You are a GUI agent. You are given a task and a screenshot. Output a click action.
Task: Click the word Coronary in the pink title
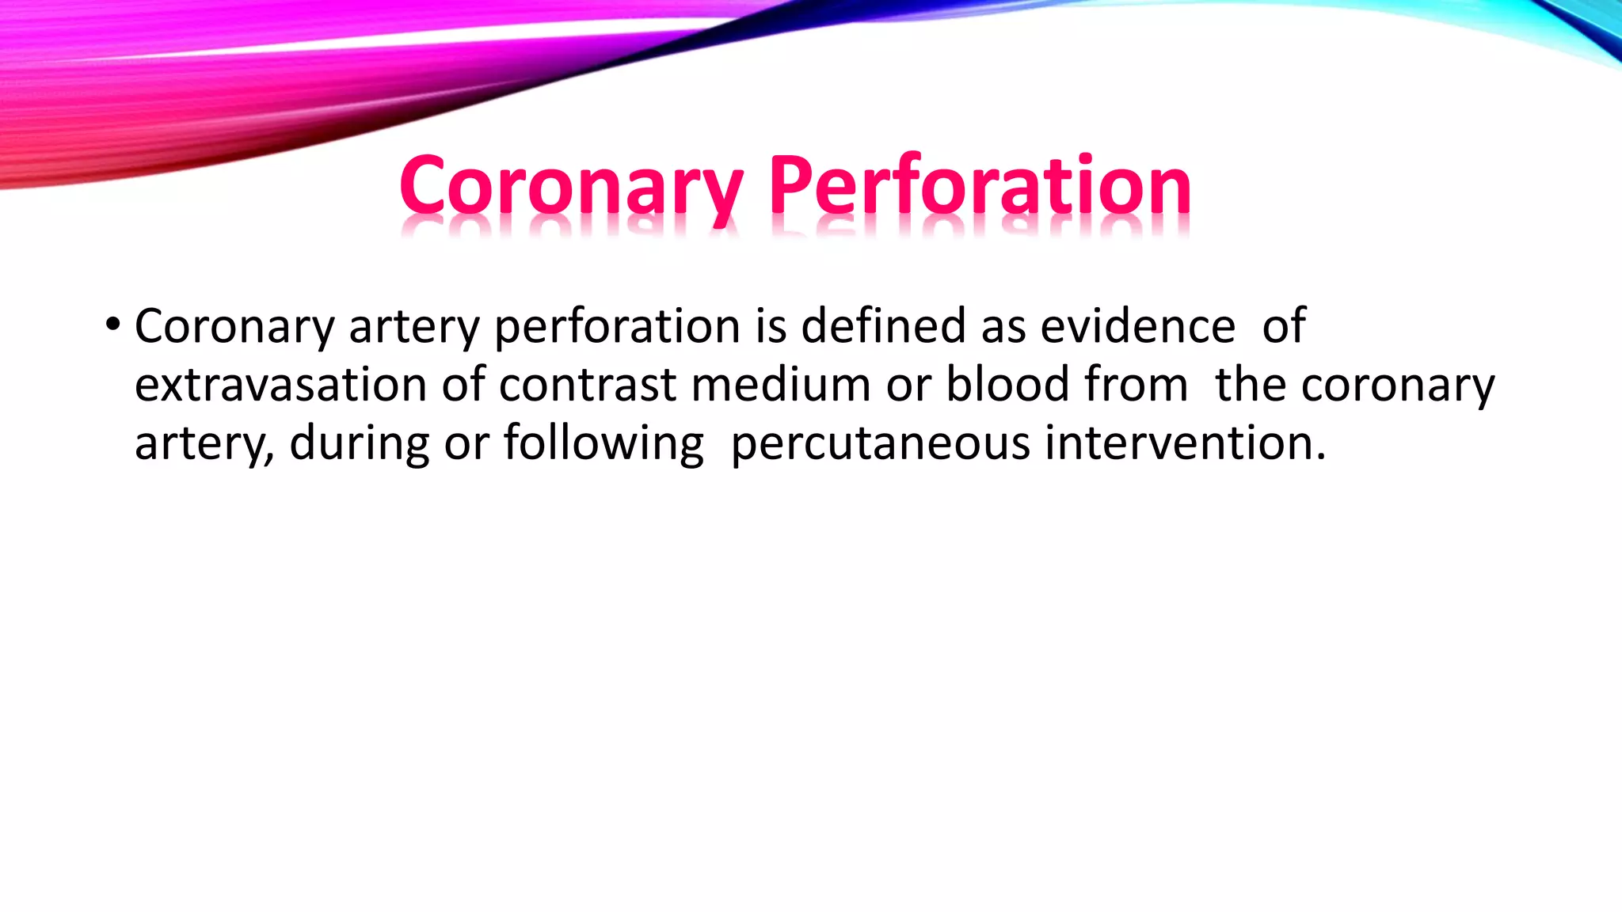click(571, 187)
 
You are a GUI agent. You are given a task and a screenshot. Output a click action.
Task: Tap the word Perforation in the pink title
click(980, 187)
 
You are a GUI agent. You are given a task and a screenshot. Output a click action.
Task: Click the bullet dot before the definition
click(112, 324)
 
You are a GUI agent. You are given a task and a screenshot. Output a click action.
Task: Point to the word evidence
click(1137, 325)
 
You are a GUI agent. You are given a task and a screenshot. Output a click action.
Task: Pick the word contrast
click(588, 385)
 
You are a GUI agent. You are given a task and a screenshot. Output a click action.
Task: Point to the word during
click(360, 443)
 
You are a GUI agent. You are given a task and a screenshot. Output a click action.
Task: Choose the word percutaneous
click(880, 443)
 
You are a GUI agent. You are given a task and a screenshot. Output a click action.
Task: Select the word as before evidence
click(1003, 327)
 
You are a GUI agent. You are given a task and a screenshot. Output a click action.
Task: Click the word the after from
click(1251, 385)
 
